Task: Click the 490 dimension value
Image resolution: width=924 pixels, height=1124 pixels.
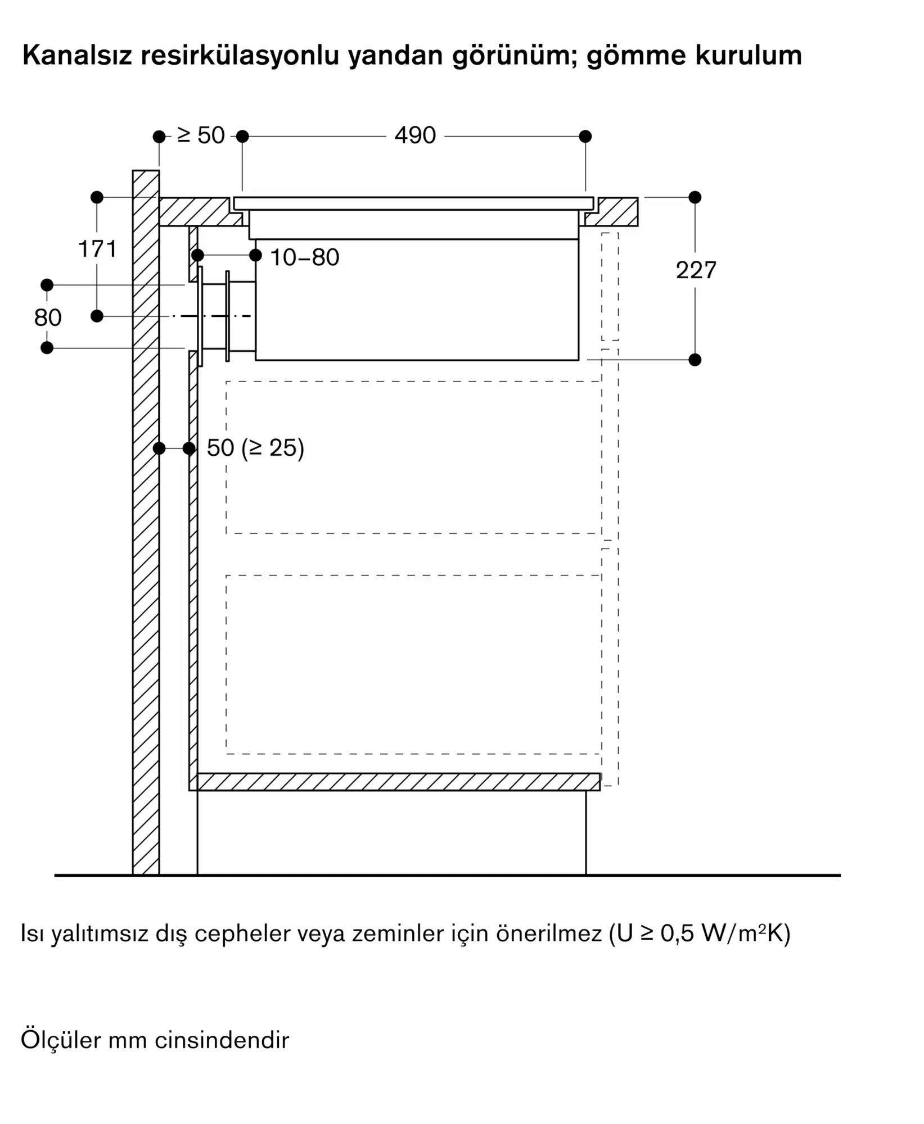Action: pos(415,135)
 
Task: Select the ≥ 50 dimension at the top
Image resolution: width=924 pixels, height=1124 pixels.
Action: pos(201,135)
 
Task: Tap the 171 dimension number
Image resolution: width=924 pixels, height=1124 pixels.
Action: pos(97,249)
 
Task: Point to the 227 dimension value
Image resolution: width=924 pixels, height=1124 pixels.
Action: pos(696,270)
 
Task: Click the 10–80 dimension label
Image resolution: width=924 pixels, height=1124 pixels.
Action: pos(305,257)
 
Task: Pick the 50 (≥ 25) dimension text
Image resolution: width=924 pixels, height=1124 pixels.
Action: pos(255,448)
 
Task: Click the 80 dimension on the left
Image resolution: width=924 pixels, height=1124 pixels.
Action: pos(47,318)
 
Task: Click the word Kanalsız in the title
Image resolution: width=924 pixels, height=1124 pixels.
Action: pos(77,56)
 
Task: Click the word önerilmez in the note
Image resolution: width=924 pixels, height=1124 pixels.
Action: pos(548,933)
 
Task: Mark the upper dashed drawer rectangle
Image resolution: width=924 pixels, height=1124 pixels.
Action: pos(414,457)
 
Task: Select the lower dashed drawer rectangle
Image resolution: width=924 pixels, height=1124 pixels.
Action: pos(414,664)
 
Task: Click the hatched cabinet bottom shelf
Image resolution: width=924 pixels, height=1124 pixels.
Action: pos(395,782)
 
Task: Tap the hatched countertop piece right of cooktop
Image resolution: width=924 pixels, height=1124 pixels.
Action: pos(611,211)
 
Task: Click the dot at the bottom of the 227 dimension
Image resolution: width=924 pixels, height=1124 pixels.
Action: pos(695,360)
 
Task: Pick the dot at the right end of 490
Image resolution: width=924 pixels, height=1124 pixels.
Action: pos(585,136)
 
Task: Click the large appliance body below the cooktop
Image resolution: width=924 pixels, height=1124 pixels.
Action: pos(417,300)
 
